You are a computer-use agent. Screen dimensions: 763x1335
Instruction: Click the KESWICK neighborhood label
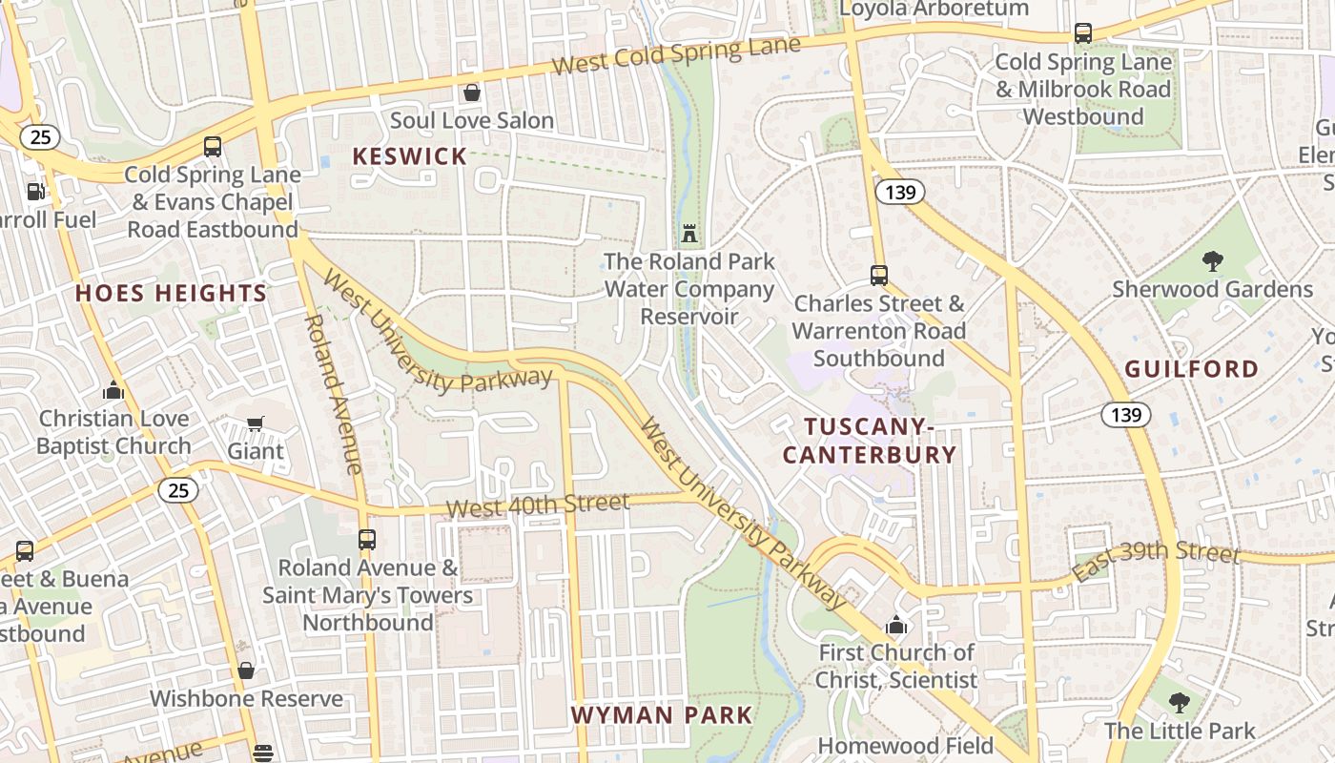point(410,156)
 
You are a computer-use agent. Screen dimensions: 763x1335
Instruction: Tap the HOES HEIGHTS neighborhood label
point(172,293)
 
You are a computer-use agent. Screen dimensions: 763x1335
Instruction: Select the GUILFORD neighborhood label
point(1191,369)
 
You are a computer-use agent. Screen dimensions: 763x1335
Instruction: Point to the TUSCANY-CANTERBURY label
point(869,441)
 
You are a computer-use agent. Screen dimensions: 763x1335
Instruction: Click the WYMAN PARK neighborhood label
point(662,714)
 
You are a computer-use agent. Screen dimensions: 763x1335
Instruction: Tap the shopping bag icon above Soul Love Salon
point(471,93)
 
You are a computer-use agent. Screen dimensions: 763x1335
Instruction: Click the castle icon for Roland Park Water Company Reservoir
point(689,233)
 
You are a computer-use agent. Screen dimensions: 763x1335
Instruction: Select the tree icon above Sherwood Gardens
point(1212,260)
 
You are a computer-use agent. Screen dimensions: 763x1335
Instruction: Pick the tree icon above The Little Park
point(1180,703)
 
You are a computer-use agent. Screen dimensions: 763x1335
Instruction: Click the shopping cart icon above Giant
point(255,423)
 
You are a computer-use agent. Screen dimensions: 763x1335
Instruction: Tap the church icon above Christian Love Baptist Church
point(113,390)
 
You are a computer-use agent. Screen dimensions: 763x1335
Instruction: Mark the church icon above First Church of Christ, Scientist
point(895,626)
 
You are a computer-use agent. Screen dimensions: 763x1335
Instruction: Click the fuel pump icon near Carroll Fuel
point(35,191)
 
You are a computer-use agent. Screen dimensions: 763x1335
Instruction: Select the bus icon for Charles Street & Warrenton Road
point(878,276)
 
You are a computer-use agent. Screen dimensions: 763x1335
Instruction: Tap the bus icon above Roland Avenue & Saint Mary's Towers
point(367,540)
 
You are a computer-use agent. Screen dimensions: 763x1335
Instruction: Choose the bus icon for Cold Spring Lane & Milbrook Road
point(1083,33)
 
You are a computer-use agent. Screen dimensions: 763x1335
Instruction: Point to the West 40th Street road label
point(538,505)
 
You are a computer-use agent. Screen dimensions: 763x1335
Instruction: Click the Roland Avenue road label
point(333,393)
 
